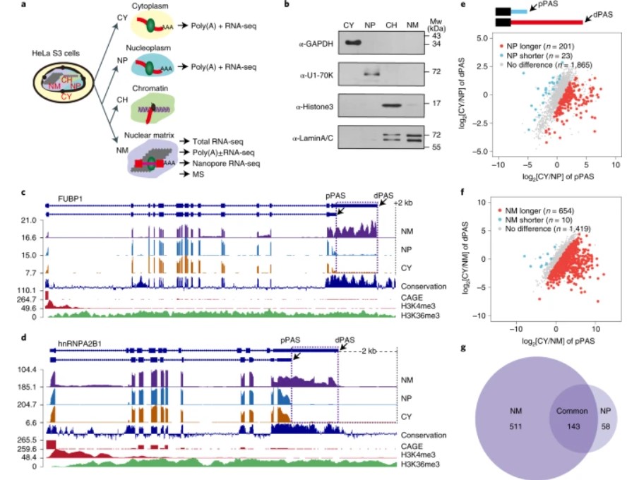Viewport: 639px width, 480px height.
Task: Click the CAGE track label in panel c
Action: (411, 298)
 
